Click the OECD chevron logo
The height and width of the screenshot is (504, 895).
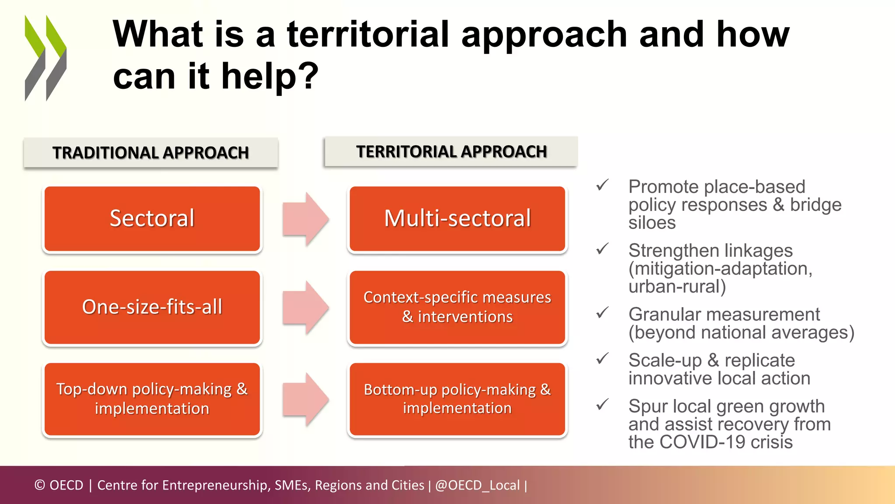pyautogui.click(x=45, y=58)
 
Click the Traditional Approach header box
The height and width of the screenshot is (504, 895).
pyautogui.click(x=151, y=153)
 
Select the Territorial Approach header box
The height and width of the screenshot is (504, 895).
pyautogui.click(x=451, y=151)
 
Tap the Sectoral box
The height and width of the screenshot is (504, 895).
pyautogui.click(x=152, y=219)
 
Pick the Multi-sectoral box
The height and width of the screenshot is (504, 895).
pyautogui.click(x=457, y=219)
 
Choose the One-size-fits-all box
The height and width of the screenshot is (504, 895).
pyautogui.click(x=152, y=307)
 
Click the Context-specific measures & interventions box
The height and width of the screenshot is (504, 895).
pyautogui.click(x=457, y=307)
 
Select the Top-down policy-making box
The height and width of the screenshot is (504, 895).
pyautogui.click(x=152, y=399)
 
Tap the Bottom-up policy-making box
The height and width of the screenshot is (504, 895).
pyautogui.click(x=457, y=399)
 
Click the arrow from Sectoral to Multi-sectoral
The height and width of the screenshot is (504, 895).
pyautogui.click(x=305, y=219)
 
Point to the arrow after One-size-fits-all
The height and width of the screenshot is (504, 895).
pyautogui.click(x=305, y=307)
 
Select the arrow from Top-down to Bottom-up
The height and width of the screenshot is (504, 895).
pyautogui.click(x=305, y=399)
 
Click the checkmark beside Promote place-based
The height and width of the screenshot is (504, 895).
pyautogui.click(x=602, y=185)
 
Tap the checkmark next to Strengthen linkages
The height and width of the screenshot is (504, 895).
pyautogui.click(x=602, y=249)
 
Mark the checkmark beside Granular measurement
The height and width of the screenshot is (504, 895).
pyautogui.click(x=602, y=313)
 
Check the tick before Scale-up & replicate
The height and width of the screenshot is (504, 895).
pyautogui.click(x=602, y=359)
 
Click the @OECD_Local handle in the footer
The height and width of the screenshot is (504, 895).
pyautogui.click(x=477, y=485)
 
